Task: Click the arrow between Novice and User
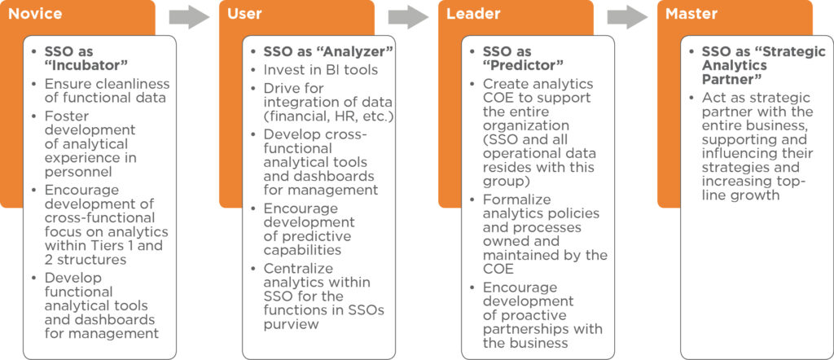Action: [189, 17]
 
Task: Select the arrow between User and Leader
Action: [409, 17]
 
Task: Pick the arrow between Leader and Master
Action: [628, 17]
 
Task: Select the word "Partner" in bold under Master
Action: [729, 79]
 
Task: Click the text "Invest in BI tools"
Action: [321, 70]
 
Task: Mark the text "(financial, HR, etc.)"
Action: [329, 116]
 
